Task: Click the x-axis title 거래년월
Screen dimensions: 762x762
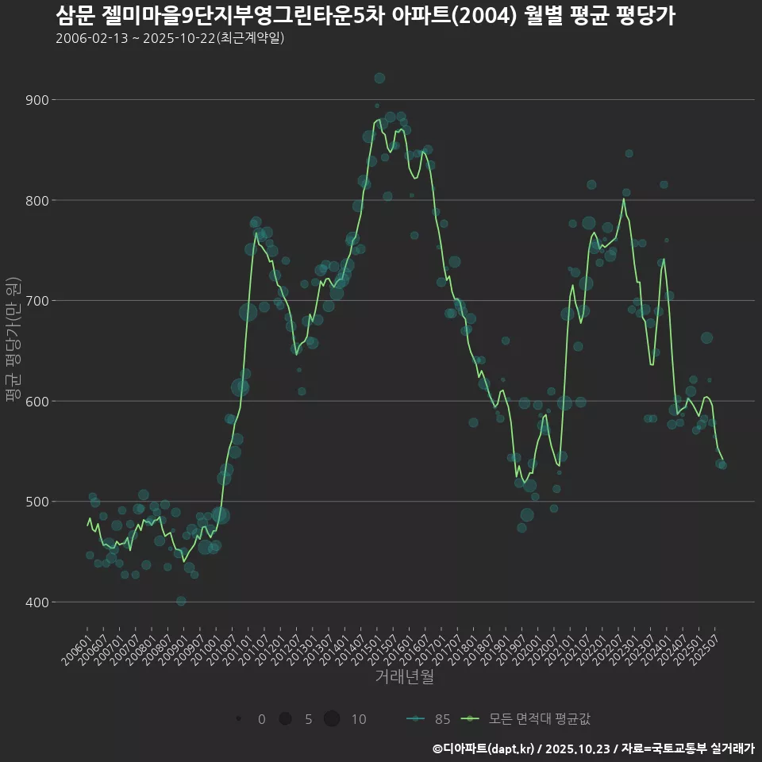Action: tap(404, 677)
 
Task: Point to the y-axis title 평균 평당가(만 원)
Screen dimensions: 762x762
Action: tap(13, 341)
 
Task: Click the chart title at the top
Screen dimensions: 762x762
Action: tap(365, 16)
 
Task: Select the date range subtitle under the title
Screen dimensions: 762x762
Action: tap(170, 38)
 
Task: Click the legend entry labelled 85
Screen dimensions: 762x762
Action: tap(429, 719)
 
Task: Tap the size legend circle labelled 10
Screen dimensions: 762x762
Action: tap(332, 719)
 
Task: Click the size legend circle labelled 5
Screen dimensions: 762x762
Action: tap(285, 719)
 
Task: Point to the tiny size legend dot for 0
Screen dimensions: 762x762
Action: tap(238, 719)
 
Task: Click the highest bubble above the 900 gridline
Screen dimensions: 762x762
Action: tap(379, 78)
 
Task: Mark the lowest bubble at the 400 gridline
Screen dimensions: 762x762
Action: tap(181, 601)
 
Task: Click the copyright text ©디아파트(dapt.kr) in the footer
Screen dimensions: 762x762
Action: tap(484, 749)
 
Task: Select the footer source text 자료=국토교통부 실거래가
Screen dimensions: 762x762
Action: tap(687, 749)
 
